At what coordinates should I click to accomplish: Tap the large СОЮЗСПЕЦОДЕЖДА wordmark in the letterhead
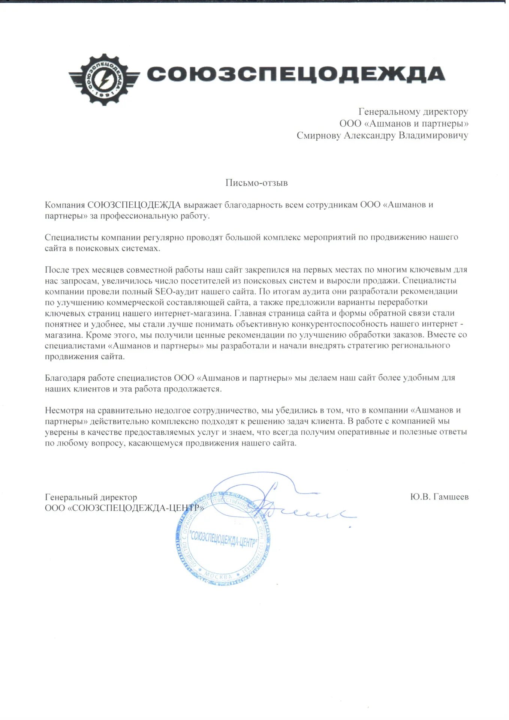[296, 74]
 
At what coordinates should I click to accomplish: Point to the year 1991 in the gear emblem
[104, 96]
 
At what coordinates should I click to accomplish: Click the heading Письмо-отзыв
[256, 183]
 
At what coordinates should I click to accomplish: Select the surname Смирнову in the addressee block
[319, 135]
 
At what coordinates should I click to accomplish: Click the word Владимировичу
[433, 135]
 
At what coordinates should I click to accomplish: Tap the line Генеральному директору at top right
[413, 112]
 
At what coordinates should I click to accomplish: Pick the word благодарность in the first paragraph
[253, 205]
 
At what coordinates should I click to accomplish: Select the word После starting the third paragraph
[56, 270]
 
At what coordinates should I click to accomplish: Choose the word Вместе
[440, 334]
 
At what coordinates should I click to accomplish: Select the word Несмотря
[64, 410]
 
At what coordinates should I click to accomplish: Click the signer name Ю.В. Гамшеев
[439, 497]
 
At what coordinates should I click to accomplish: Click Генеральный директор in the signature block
[91, 497]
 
